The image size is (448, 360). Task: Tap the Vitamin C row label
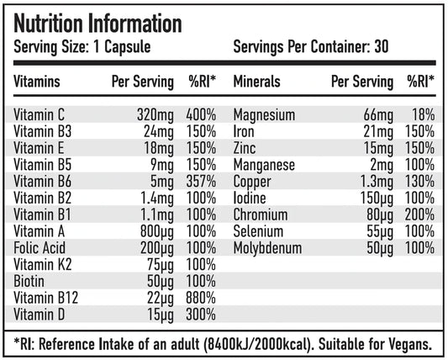click(41, 114)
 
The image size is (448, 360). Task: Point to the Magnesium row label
click(264, 114)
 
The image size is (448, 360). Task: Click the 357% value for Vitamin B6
click(201, 181)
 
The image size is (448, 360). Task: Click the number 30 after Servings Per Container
click(382, 47)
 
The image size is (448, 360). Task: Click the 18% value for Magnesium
click(423, 114)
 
